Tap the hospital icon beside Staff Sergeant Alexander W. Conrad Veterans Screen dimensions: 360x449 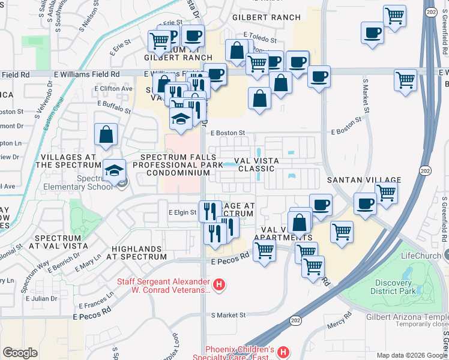[x=220, y=284]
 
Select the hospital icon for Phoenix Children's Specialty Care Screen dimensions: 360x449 [x=283, y=351]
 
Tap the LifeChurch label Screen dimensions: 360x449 [x=421, y=256]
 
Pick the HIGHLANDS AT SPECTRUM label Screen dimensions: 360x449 [x=138, y=253]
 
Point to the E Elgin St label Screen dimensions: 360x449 [x=182, y=212]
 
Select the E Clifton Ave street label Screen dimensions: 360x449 [x=113, y=89]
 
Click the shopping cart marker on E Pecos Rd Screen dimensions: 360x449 [x=264, y=251]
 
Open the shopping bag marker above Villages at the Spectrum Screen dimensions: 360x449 [x=106, y=135]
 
